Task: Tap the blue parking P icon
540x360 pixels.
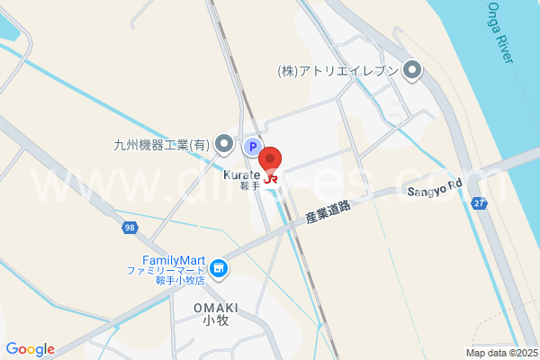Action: (253, 146)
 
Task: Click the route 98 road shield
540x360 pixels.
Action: (130, 229)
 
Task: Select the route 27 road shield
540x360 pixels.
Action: (480, 205)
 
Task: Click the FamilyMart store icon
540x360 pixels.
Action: (218, 268)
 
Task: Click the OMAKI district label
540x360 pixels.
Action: (215, 307)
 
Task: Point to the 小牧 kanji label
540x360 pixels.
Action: (215, 320)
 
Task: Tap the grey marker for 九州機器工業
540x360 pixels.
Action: (223, 144)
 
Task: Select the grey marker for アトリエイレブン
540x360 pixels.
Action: (413, 69)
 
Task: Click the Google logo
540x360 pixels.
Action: (30, 349)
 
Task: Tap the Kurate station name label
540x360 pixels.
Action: (241, 175)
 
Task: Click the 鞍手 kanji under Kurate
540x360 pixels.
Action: (249, 186)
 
